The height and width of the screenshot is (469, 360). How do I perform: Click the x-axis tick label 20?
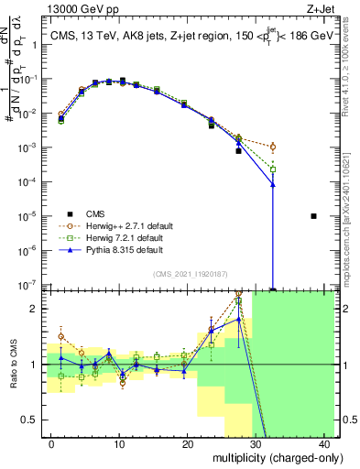tap(187, 443)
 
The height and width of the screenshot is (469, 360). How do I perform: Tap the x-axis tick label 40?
tap(324, 443)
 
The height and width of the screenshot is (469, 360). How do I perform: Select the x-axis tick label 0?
tap(50, 443)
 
